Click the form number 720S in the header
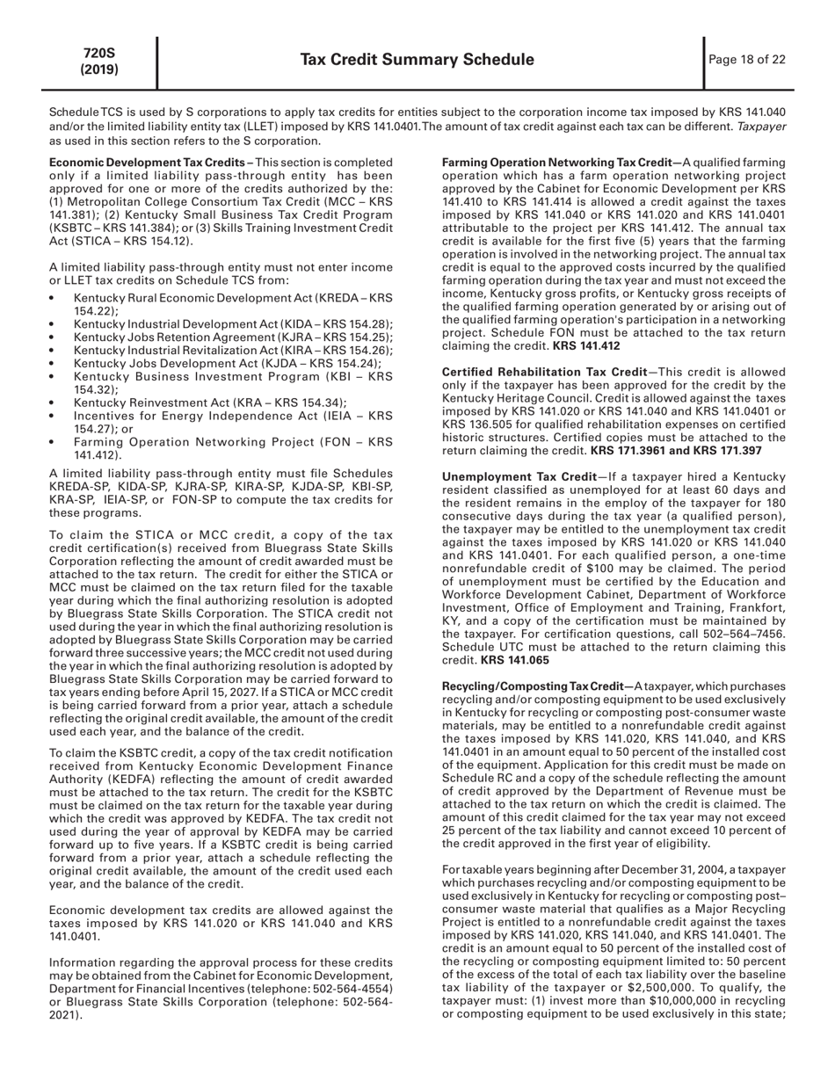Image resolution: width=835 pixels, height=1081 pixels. point(99,53)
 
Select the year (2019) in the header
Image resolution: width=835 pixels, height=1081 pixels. point(99,69)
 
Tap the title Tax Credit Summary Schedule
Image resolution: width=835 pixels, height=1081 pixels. point(417,60)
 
